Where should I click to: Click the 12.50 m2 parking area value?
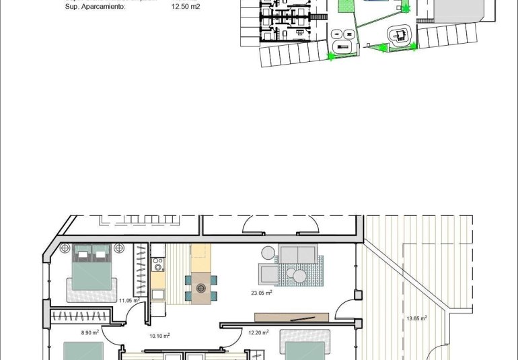click(186, 7)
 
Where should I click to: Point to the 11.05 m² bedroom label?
click(128, 301)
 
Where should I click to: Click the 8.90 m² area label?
click(90, 332)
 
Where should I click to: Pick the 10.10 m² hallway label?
click(159, 335)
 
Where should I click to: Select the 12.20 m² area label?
click(258, 332)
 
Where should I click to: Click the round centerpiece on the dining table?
click(200, 288)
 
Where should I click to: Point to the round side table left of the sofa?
click(268, 252)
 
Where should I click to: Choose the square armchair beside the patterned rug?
click(267, 273)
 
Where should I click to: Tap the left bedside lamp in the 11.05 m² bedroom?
click(66, 248)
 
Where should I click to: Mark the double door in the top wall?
click(278, 223)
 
